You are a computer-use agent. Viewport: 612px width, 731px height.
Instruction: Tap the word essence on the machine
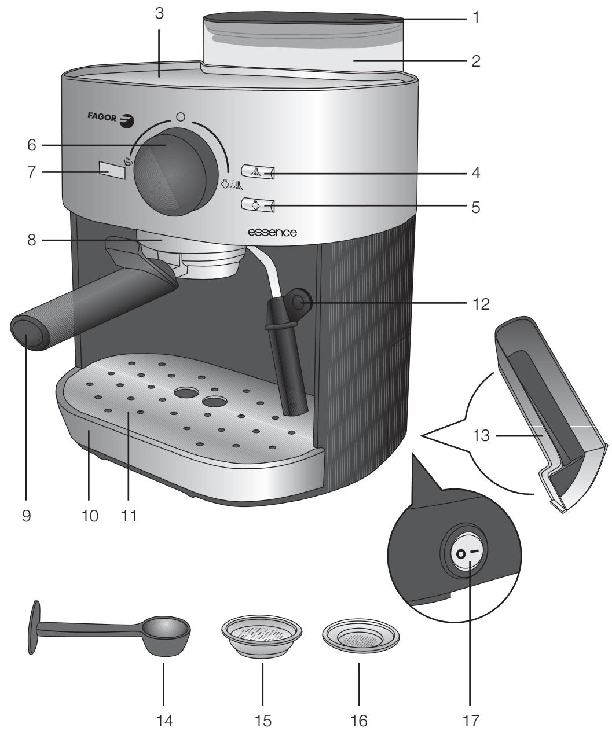(272, 232)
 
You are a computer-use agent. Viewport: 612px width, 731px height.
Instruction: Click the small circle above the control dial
(181, 117)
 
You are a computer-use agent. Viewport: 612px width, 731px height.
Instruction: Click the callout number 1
(476, 17)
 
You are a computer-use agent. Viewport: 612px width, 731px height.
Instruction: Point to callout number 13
(481, 435)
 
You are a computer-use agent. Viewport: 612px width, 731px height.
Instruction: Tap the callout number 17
(471, 721)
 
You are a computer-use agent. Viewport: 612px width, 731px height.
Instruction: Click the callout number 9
(27, 516)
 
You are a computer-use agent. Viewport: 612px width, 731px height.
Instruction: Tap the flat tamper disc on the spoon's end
(35, 627)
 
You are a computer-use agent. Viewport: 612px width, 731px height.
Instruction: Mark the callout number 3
(159, 13)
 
